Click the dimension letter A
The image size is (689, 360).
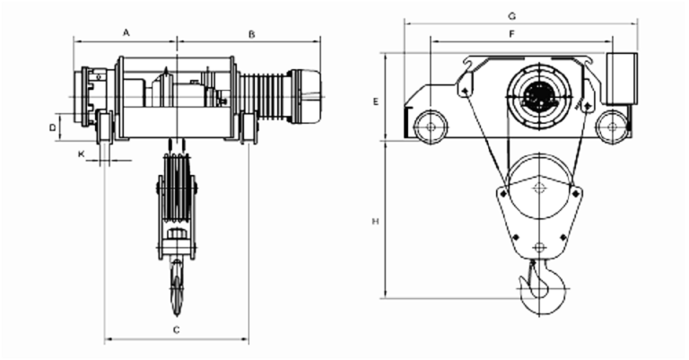coord(126,32)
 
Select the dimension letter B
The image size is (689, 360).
coord(252,33)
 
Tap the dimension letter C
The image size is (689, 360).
coord(177,331)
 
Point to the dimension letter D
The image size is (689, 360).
coord(53,128)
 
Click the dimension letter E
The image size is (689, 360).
coord(376,101)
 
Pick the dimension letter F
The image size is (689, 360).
coord(510,33)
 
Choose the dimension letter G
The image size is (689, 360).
coord(510,15)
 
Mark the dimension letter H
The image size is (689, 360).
coord(376,220)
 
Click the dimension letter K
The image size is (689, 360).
coord(82,154)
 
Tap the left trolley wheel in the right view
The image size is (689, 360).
coord(432,127)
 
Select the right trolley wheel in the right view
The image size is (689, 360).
coord(612,127)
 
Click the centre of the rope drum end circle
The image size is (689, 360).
coord(538,94)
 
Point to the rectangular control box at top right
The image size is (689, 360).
coord(622,77)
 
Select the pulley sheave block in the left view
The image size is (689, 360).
coord(177,193)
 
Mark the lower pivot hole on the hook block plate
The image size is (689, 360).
coord(538,247)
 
